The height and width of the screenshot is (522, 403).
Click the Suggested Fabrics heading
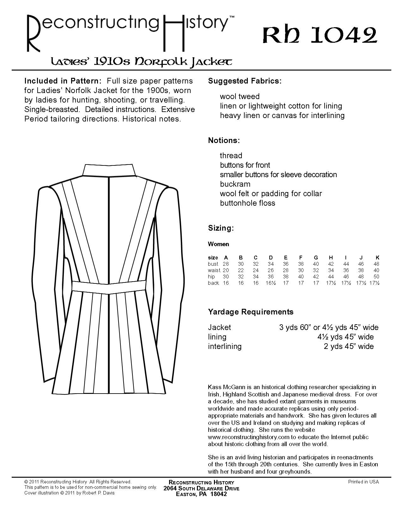coord(245,81)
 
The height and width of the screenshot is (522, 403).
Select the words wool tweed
coord(240,96)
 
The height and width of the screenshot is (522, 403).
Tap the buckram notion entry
coord(235,184)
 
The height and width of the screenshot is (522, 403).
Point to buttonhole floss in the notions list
coord(247,203)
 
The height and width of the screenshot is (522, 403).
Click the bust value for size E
coord(286,264)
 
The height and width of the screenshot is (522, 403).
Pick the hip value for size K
coord(376,277)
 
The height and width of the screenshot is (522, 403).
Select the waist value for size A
coord(226,270)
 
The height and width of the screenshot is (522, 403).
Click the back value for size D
coord(271,283)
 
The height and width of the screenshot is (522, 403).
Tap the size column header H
coord(331,258)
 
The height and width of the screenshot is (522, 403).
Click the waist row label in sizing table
coord(214,270)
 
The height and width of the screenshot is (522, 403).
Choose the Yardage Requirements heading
coord(251,312)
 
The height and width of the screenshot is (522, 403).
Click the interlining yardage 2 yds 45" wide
coord(349,346)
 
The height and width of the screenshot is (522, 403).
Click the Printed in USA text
coord(363,482)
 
